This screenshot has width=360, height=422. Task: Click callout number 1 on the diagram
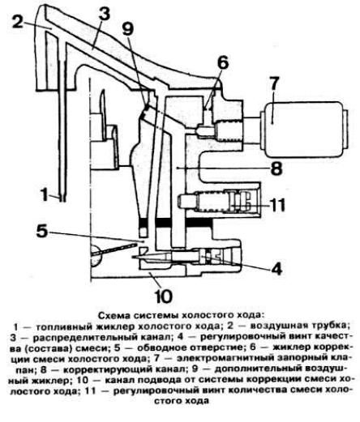(45, 194)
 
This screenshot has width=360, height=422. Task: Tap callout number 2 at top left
(19, 22)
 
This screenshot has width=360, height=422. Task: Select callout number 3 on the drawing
(105, 14)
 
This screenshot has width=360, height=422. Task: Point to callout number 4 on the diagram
(276, 268)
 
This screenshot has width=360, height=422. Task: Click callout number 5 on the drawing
(42, 231)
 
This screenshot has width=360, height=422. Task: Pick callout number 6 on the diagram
(223, 62)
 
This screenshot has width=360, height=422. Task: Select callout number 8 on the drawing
(276, 168)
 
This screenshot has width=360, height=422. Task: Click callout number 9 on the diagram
(128, 28)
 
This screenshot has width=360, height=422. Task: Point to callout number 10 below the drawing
(164, 296)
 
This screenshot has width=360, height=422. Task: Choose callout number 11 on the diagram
(276, 205)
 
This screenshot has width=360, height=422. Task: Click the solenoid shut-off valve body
(303, 130)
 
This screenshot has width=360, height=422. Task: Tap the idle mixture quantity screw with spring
(219, 202)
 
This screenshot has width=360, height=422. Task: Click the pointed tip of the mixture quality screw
(132, 257)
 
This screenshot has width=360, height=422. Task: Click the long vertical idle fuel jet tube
(62, 119)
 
